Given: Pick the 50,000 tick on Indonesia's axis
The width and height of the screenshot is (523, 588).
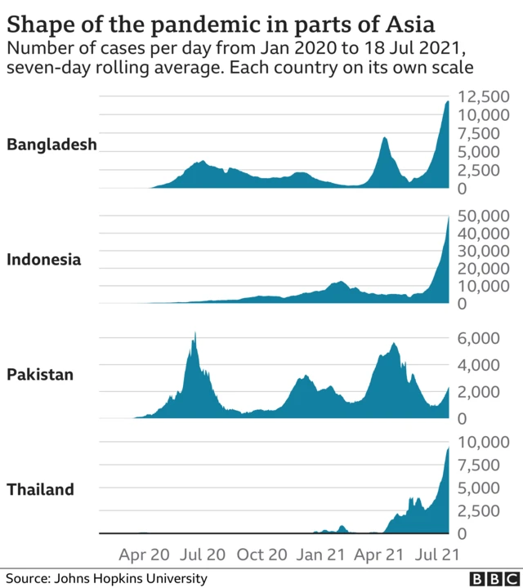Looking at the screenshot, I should [481, 216].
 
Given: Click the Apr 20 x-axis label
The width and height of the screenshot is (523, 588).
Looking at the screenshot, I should [144, 555].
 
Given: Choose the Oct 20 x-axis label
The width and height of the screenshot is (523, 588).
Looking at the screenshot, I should [261, 555].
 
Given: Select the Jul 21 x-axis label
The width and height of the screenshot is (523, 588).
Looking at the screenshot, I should [438, 555].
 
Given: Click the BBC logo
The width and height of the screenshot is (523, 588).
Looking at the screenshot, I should [487, 578].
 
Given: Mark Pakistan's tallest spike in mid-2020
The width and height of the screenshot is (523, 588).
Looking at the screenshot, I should [194, 334].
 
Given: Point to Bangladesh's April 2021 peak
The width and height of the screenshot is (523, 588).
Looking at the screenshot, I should [385, 138].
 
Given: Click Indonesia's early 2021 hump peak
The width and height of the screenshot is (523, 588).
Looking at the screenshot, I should [337, 282].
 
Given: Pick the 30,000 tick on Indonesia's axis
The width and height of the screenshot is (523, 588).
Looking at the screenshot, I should [481, 251].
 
